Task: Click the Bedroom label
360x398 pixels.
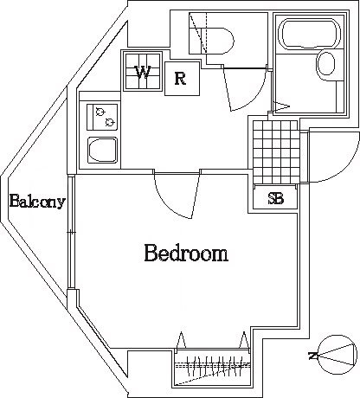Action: pyautogui.click(x=186, y=253)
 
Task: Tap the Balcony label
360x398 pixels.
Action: pyautogui.click(x=37, y=201)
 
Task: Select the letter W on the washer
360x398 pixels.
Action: pyautogui.click(x=143, y=73)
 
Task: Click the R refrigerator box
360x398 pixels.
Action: pyautogui.click(x=182, y=79)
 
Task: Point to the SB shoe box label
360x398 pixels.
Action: pyautogui.click(x=276, y=199)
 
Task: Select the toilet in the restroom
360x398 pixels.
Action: pyautogui.click(x=211, y=41)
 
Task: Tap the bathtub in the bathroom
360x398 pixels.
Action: pyautogui.click(x=312, y=33)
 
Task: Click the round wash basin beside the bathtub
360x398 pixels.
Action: pyautogui.click(x=326, y=63)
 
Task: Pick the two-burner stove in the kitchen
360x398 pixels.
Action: pyautogui.click(x=102, y=117)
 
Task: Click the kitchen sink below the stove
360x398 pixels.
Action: pyautogui.click(x=103, y=150)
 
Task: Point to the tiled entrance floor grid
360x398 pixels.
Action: pyautogui.click(x=275, y=151)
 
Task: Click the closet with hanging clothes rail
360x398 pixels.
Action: pyautogui.click(x=212, y=368)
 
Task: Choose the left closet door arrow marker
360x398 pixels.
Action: pyautogui.click(x=181, y=340)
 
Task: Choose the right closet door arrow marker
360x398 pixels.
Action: pyautogui.click(x=244, y=340)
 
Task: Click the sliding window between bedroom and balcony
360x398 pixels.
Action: pyautogui.click(x=71, y=232)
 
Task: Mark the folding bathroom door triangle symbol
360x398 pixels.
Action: pyautogui.click(x=281, y=106)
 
